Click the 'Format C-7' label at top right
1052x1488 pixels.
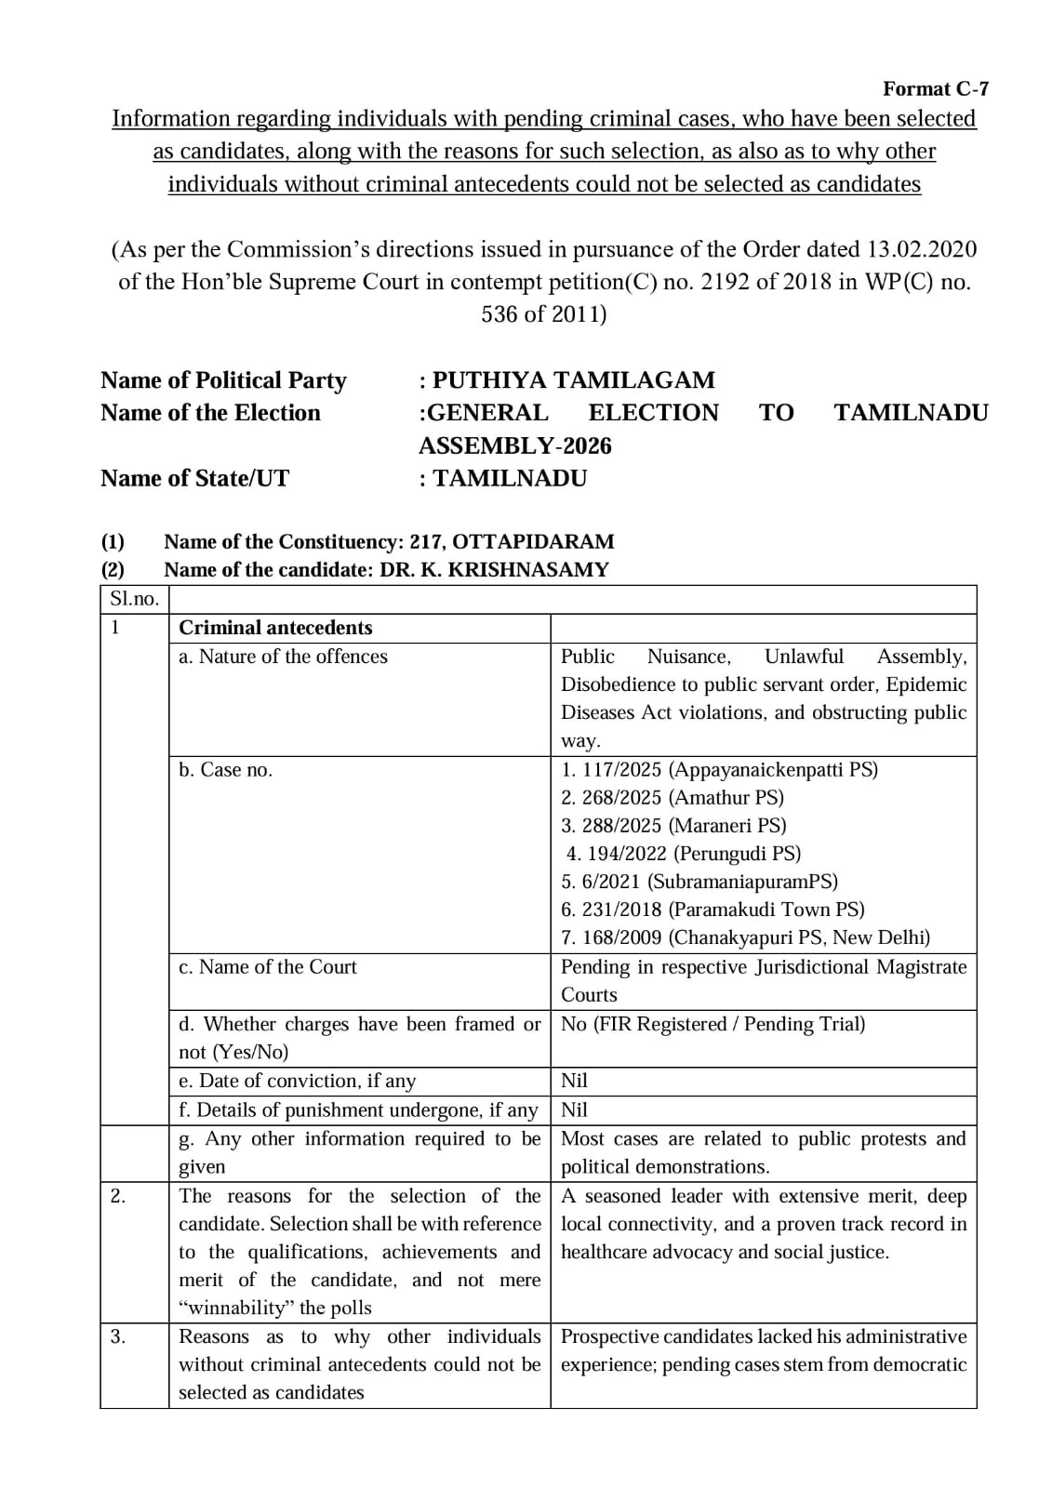(935, 88)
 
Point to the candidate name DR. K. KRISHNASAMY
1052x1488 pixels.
(494, 569)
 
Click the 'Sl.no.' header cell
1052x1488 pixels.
(134, 599)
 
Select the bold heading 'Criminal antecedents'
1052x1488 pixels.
(275, 628)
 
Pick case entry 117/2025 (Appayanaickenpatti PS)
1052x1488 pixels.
(719, 769)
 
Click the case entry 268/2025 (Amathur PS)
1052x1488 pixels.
(672, 797)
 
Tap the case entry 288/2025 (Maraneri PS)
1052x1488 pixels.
(673, 825)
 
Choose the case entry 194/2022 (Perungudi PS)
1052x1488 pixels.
(683, 853)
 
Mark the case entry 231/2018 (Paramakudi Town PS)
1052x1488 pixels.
(712, 909)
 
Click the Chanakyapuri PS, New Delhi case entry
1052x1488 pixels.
(745, 937)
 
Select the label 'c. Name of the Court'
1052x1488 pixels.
(268, 966)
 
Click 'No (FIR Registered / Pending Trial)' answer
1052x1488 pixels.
(712, 1024)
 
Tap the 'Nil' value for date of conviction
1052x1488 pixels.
(574, 1081)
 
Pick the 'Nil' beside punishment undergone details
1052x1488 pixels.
(574, 1109)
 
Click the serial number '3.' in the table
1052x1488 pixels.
(118, 1336)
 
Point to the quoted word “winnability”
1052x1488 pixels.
(236, 1308)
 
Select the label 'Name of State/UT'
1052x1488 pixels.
(194, 478)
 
